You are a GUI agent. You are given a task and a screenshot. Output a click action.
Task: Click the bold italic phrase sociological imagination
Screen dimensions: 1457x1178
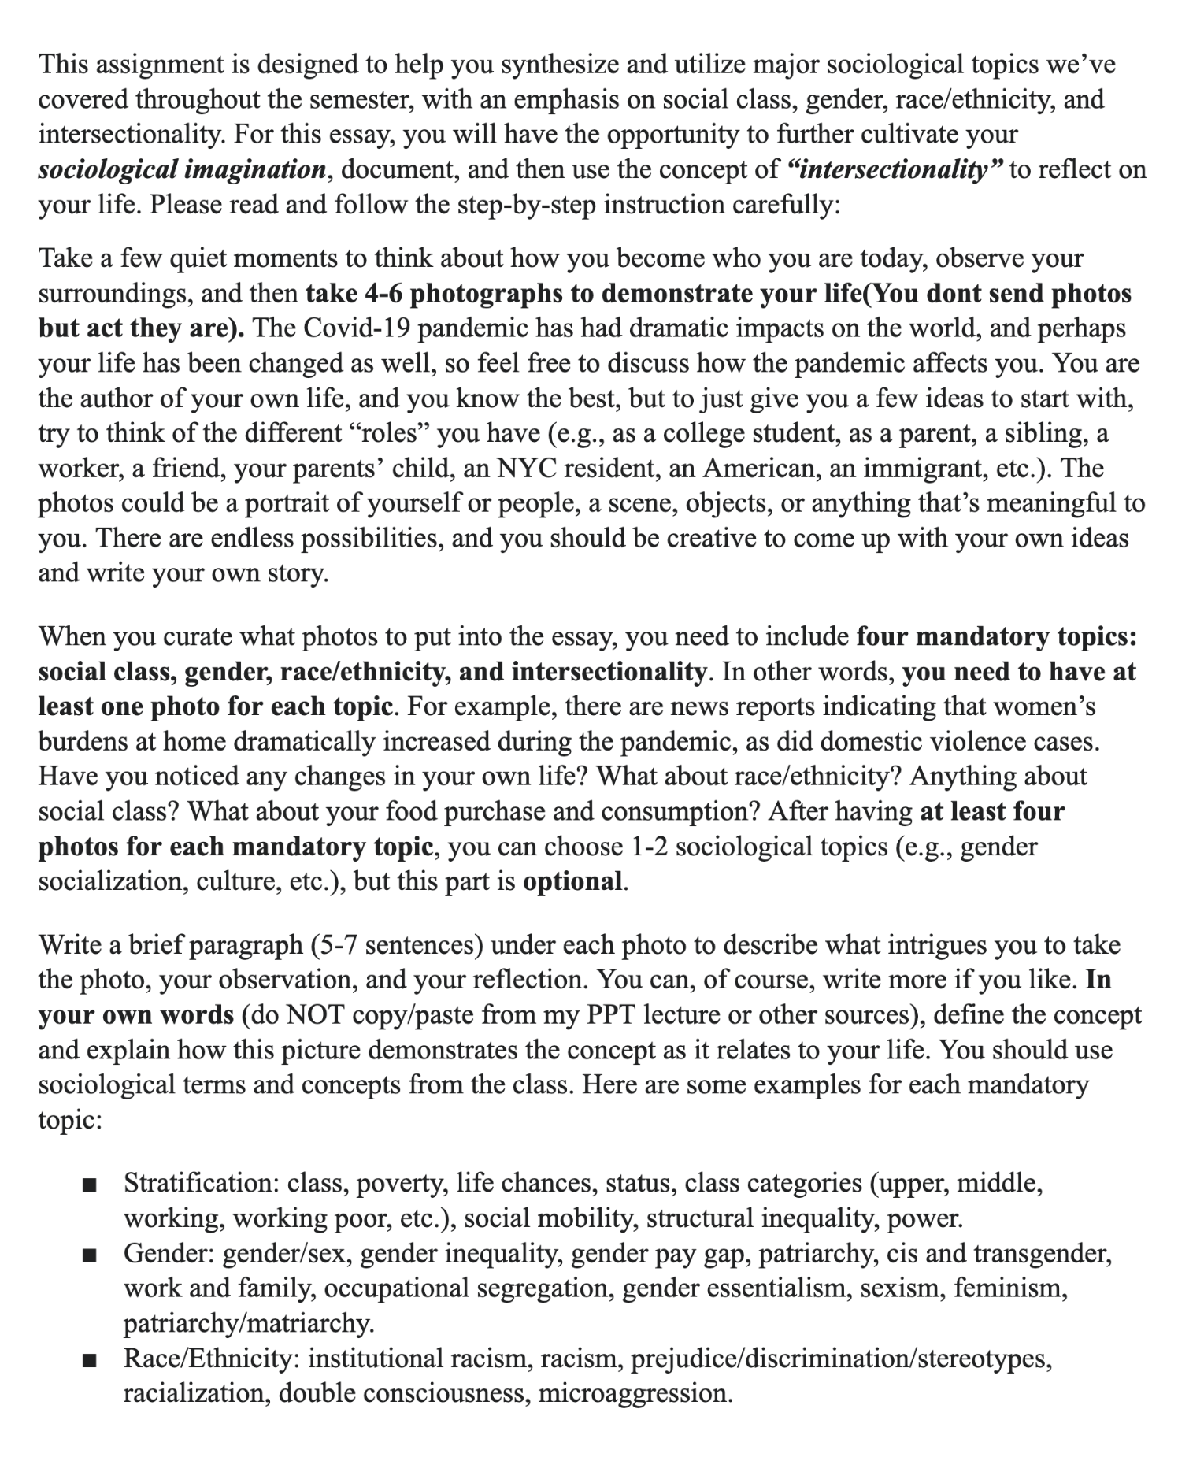[182, 170]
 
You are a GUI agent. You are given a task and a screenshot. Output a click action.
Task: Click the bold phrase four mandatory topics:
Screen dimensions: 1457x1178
[996, 636]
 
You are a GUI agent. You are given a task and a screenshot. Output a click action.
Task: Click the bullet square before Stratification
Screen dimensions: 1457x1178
[88, 1185]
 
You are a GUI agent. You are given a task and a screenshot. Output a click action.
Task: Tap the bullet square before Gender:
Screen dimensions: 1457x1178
[88, 1255]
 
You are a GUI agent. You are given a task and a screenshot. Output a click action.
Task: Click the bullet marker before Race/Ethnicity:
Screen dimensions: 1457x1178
[88, 1361]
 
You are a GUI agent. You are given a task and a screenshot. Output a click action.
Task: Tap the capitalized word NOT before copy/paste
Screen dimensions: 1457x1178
[317, 1015]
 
